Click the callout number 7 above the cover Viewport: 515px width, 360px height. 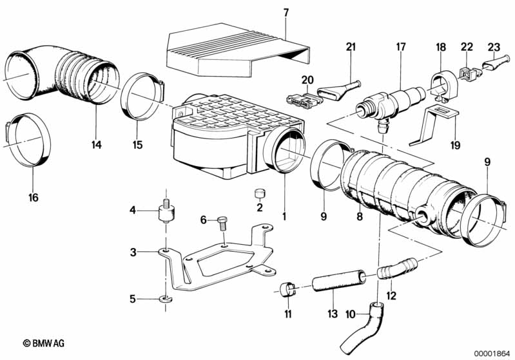click(x=286, y=13)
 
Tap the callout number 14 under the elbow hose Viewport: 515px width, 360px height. click(x=97, y=144)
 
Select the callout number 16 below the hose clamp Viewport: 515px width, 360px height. click(x=33, y=197)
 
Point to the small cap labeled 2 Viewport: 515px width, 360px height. click(x=260, y=194)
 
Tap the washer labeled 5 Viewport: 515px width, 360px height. click(x=167, y=299)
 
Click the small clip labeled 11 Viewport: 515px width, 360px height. click(x=287, y=289)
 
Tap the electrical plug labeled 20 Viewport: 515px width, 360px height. click(x=302, y=99)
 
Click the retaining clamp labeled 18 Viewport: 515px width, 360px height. click(x=443, y=86)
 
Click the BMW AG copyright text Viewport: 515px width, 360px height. click(x=44, y=343)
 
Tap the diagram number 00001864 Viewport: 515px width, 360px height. click(x=492, y=354)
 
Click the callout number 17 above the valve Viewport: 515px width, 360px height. click(x=401, y=46)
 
